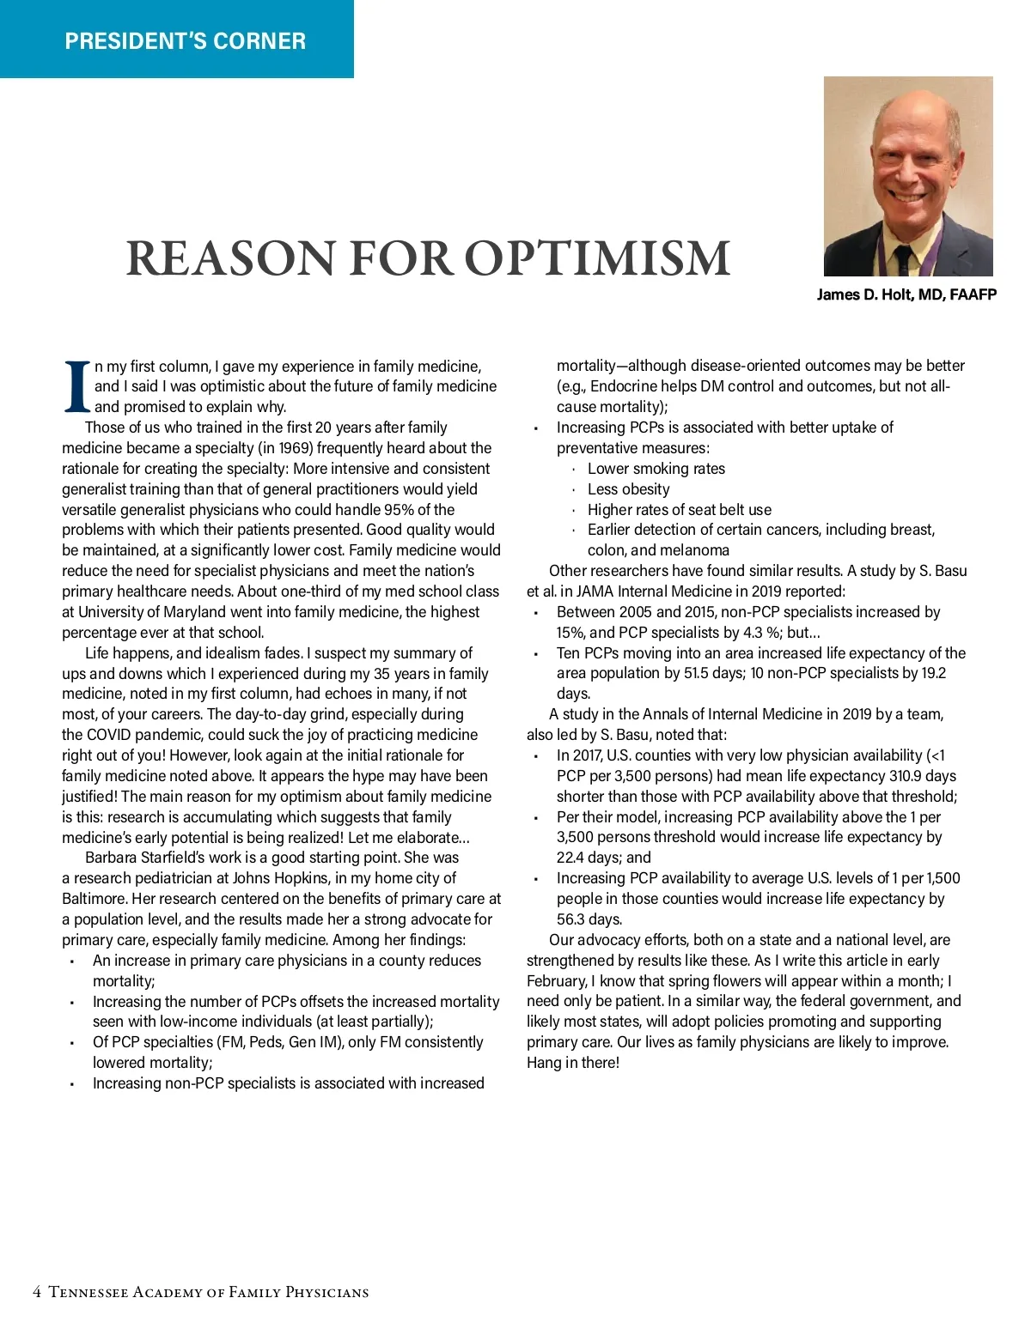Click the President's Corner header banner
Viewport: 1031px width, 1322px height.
pos(185,40)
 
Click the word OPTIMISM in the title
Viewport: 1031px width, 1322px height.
pos(597,258)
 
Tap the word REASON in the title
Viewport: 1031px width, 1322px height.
pos(231,258)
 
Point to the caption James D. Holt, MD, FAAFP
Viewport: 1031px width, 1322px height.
pos(906,295)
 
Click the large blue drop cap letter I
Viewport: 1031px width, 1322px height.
pos(77,386)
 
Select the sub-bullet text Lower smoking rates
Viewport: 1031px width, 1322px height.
pos(656,469)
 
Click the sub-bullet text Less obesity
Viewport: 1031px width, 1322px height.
pos(628,489)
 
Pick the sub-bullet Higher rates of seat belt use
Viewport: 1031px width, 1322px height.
pos(680,510)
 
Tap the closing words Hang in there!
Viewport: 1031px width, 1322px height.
pos(573,1063)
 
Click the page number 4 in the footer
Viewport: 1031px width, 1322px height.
pos(37,1292)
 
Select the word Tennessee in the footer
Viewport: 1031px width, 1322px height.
pos(88,1292)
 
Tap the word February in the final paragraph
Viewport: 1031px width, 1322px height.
pos(557,981)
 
